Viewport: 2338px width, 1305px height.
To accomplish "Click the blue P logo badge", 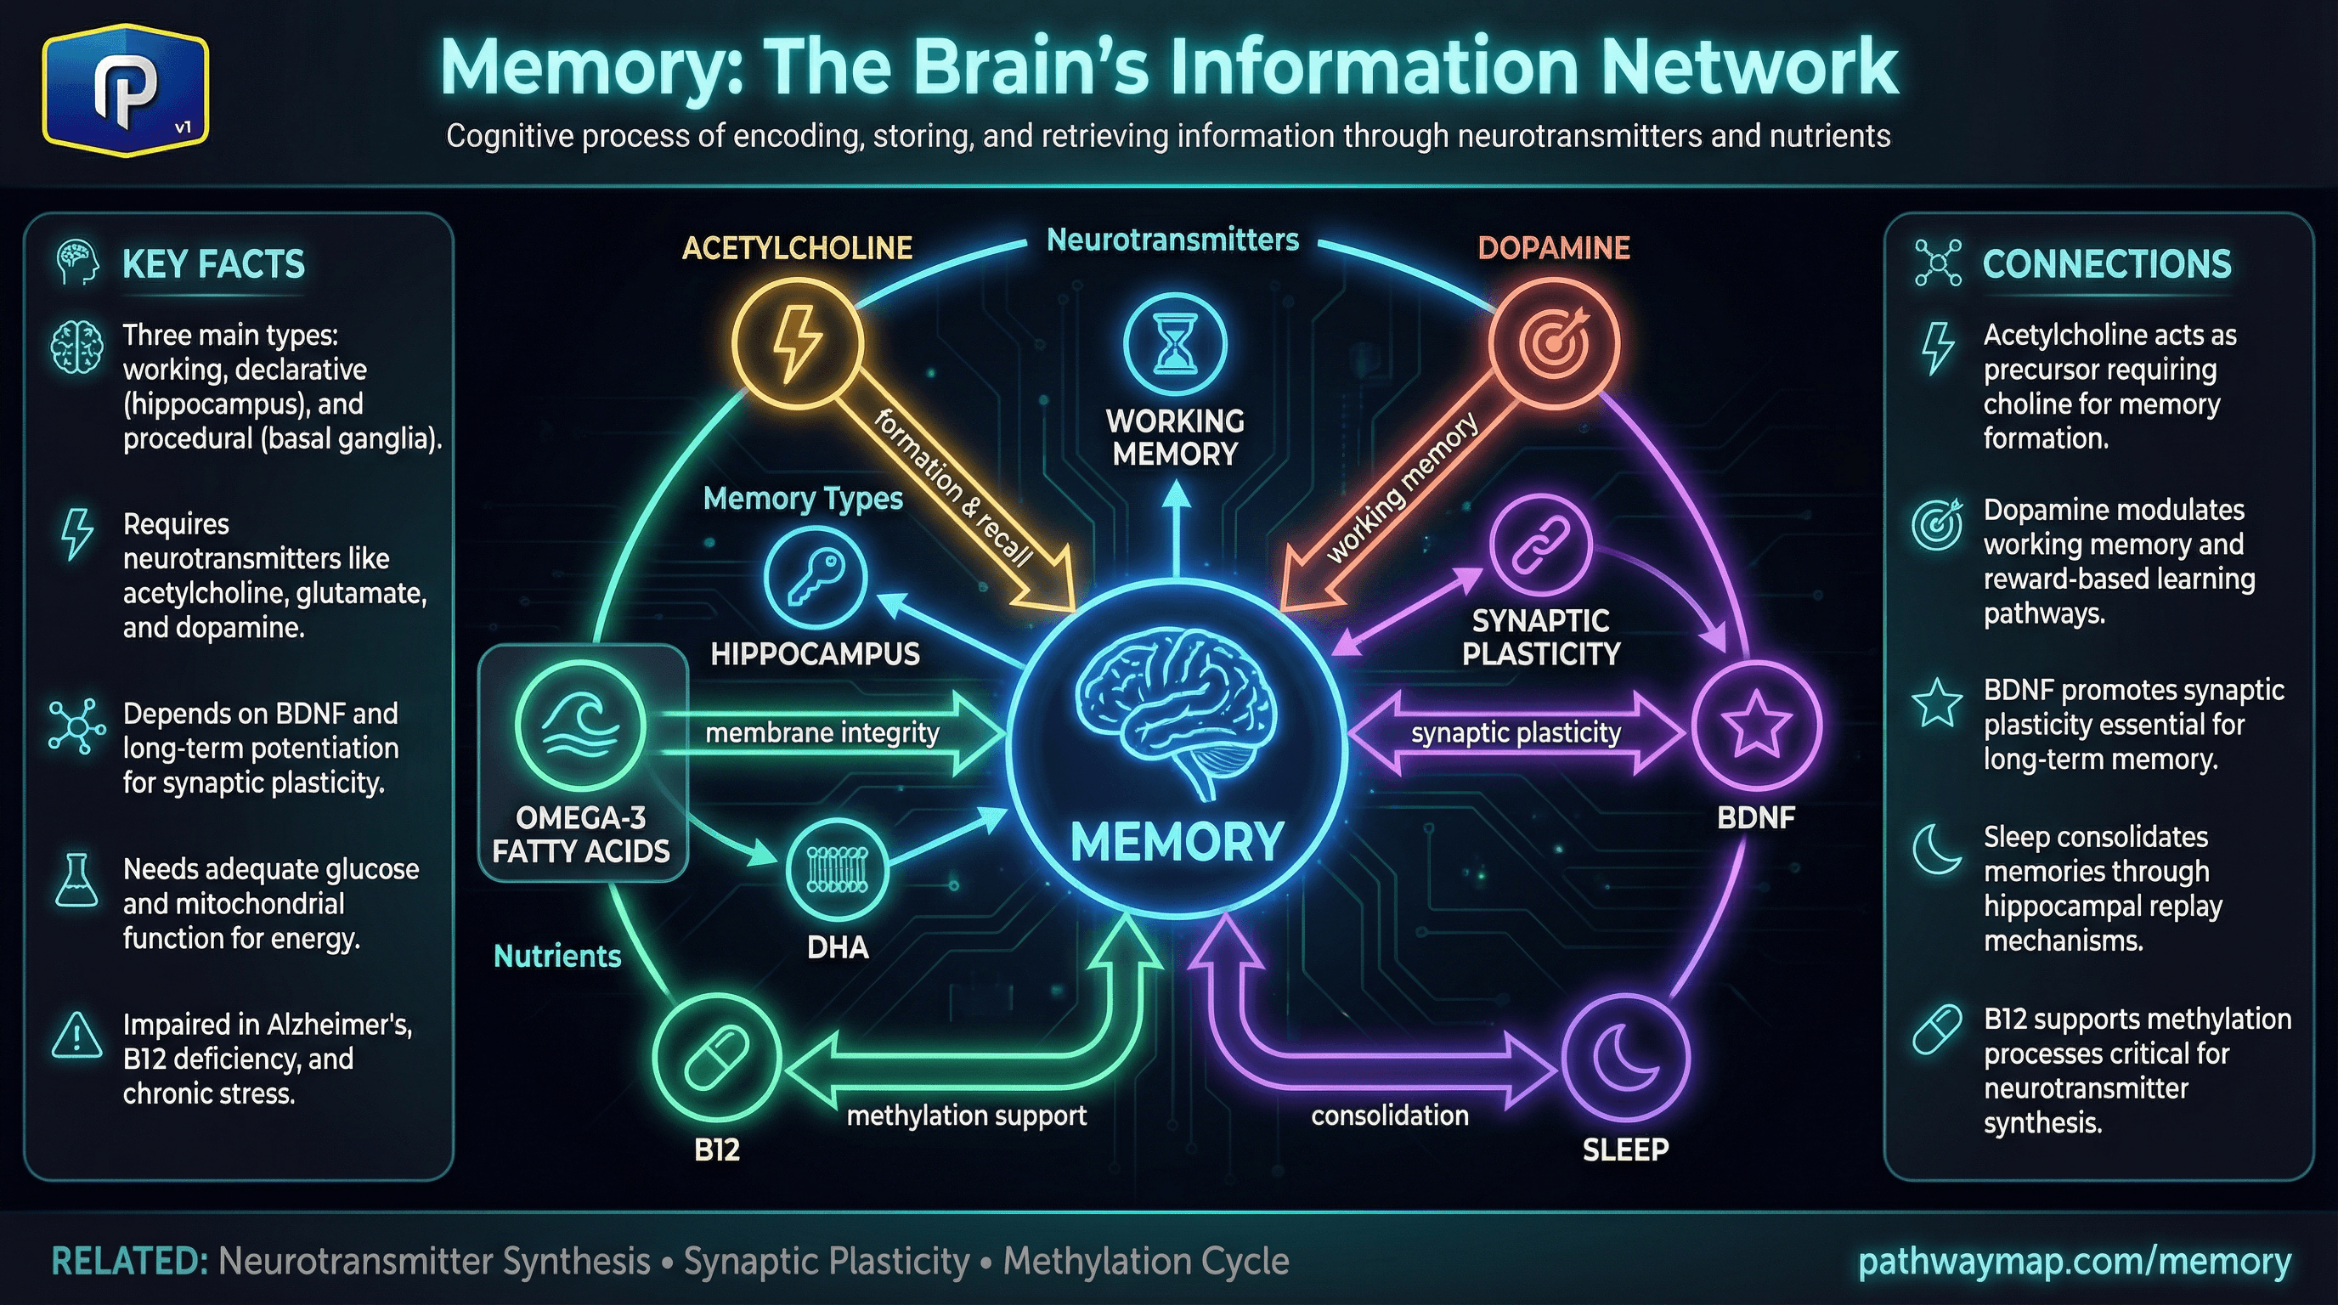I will click(125, 91).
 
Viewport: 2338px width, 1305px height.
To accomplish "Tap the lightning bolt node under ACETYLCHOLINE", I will click(797, 343).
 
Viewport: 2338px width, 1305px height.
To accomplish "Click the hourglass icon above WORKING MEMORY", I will click(1175, 345).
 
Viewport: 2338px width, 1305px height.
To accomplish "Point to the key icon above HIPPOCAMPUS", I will click(815, 577).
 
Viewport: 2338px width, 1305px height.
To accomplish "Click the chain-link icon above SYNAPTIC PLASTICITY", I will click(1540, 545).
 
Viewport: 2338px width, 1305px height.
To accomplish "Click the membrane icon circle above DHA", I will click(837, 870).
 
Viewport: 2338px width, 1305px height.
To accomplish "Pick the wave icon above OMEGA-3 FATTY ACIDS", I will click(581, 726).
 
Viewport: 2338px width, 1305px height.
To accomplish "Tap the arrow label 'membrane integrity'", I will click(822, 732).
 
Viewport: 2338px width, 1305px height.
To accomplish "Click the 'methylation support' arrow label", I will click(966, 1116).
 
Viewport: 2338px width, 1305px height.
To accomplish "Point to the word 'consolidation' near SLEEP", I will click(1390, 1116).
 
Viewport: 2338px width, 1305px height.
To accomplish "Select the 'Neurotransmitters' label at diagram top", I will click(1172, 240).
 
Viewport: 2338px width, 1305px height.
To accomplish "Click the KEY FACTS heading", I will click(213, 264).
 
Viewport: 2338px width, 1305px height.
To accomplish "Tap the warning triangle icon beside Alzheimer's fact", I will click(77, 1037).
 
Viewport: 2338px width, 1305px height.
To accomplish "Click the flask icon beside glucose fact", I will click(77, 879).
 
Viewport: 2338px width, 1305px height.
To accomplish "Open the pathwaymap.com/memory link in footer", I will click(2075, 1262).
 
